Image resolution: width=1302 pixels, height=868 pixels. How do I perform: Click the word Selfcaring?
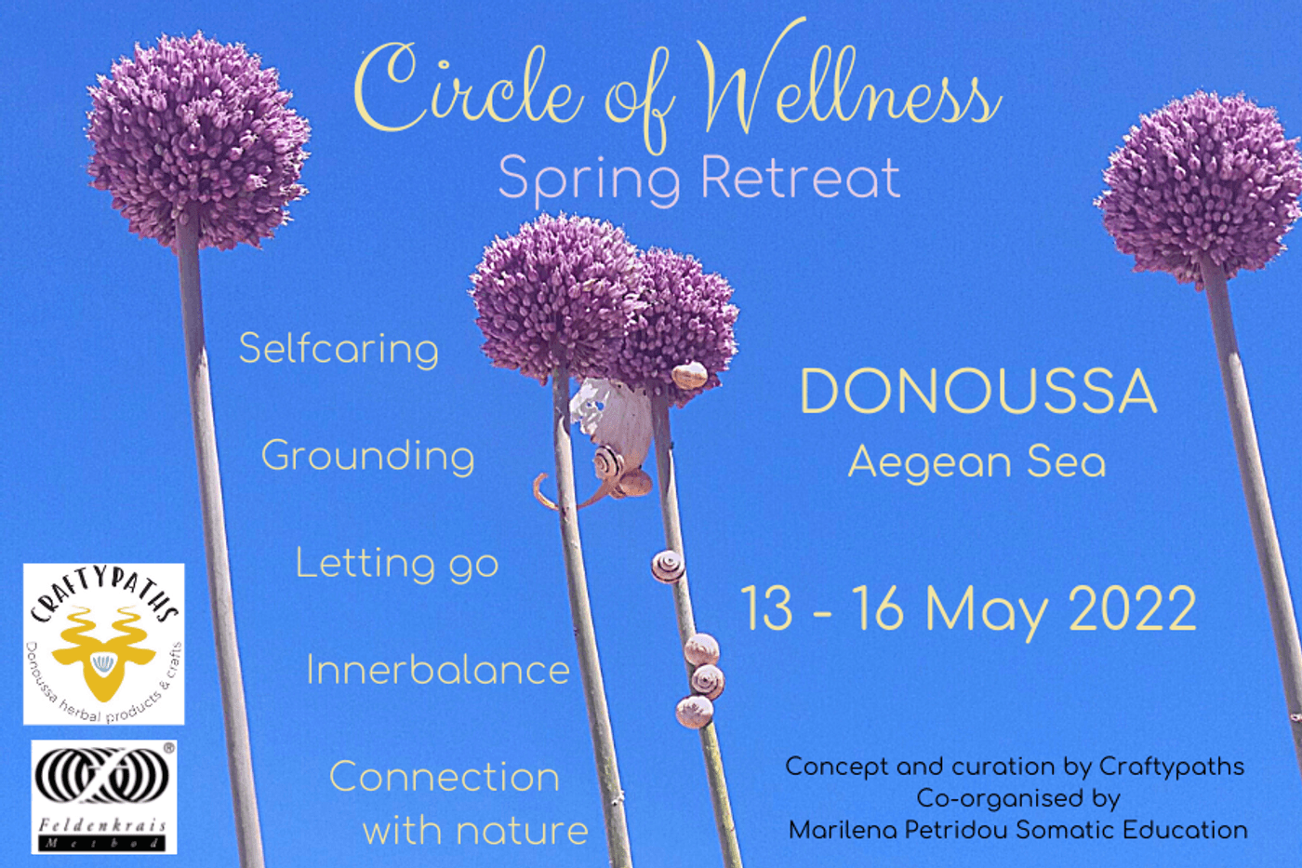click(339, 350)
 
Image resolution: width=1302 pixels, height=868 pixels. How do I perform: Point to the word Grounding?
click(368, 458)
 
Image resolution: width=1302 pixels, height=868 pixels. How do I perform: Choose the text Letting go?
click(397, 564)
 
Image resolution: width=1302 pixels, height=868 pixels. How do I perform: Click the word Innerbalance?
click(438, 671)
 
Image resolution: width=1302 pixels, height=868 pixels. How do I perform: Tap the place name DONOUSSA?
click(978, 392)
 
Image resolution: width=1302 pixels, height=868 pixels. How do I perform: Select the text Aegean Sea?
click(977, 463)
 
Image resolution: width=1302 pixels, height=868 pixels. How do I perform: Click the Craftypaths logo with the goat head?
click(103, 644)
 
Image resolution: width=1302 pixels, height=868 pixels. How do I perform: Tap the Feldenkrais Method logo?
click(104, 797)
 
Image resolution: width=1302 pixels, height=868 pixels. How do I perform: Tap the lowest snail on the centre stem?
click(694, 712)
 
